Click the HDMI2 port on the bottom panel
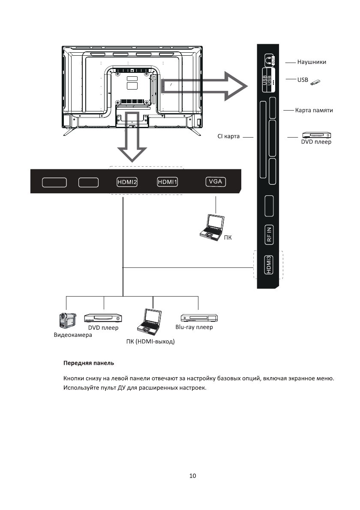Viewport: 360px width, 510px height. click(x=127, y=182)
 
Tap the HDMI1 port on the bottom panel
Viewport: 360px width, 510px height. click(x=168, y=182)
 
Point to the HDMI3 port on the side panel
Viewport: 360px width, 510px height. click(x=268, y=265)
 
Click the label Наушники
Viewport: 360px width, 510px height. click(x=312, y=62)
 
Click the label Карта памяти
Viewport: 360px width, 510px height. click(x=314, y=111)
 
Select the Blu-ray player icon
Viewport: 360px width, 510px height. click(x=199, y=318)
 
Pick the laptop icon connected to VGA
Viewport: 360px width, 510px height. click(x=213, y=226)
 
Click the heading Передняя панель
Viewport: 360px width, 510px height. click(x=89, y=363)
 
